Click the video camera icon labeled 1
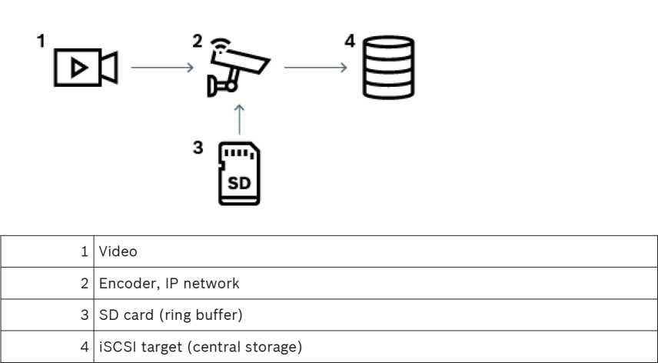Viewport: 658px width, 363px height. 85,68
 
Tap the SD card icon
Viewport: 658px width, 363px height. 238,173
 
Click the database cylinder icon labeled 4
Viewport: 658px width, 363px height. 387,69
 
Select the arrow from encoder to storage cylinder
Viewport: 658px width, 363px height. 314,68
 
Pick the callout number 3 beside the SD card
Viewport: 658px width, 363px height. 198,147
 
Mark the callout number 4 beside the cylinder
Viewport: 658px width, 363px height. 350,42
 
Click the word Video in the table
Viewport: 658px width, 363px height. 118,251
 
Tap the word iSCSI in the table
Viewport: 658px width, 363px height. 115,347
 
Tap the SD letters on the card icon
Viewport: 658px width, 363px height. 240,185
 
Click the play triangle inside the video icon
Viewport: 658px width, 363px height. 77,68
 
